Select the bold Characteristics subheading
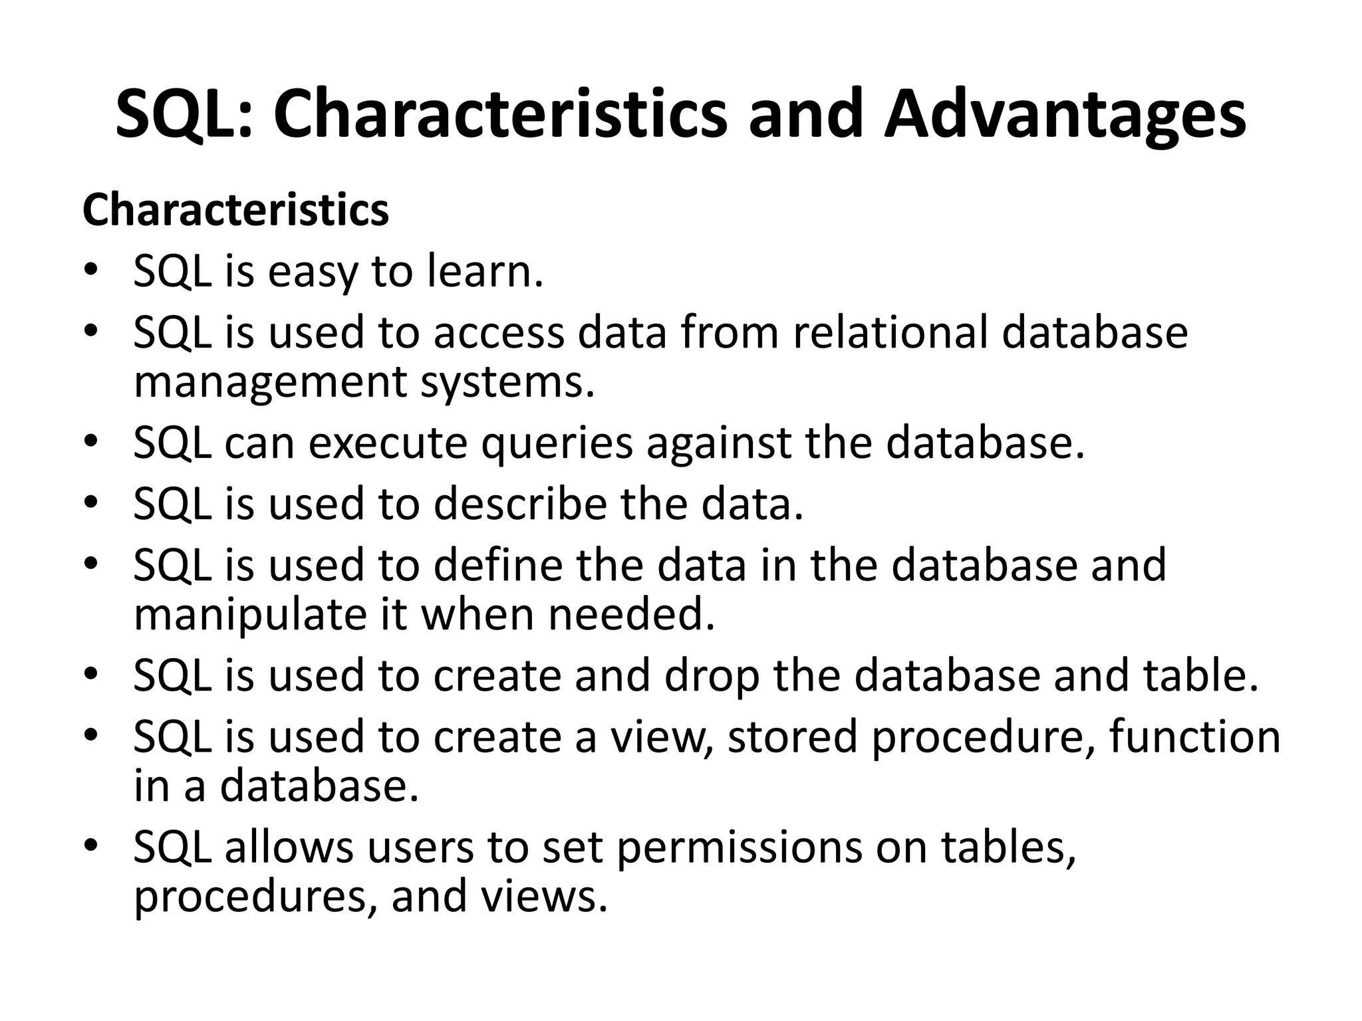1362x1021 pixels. (x=235, y=210)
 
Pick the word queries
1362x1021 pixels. (x=557, y=444)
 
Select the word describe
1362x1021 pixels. (x=521, y=503)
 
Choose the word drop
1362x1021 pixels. (x=712, y=675)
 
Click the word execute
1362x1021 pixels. (x=388, y=444)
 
